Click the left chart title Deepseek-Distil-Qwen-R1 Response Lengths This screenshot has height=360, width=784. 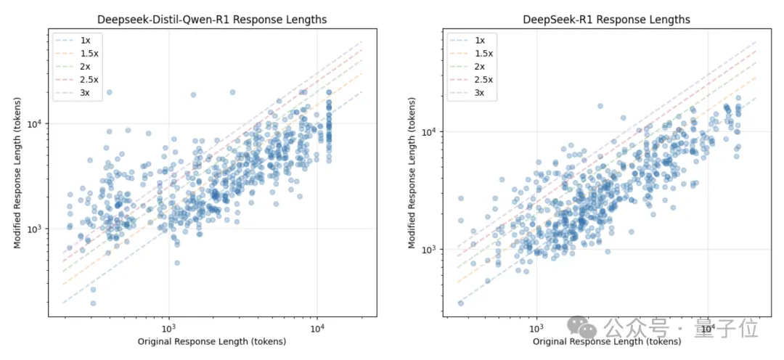(x=212, y=20)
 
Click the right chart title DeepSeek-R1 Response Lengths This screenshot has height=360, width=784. (x=606, y=20)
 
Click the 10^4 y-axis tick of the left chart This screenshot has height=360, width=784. (x=36, y=123)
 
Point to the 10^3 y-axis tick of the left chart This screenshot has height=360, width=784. (x=36, y=229)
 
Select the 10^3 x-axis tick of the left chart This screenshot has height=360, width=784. (x=168, y=328)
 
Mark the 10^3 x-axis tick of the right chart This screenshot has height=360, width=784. (x=536, y=328)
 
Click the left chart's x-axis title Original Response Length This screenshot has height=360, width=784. (x=212, y=341)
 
